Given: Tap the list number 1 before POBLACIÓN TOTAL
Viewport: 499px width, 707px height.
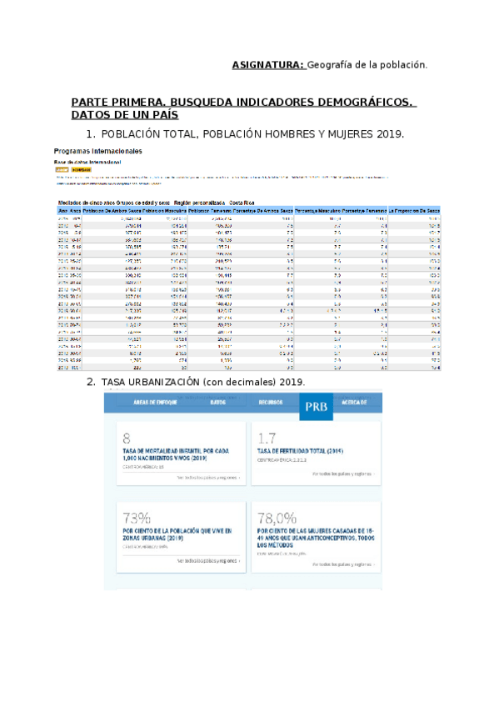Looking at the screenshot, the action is [90, 134].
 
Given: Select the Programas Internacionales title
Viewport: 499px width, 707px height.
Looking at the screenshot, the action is [97, 151].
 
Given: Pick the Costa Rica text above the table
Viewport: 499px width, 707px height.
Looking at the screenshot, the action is [242, 203].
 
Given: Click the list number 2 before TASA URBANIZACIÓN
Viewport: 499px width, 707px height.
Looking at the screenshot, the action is [90, 382].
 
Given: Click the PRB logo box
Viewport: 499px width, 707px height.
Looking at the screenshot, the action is [316, 406].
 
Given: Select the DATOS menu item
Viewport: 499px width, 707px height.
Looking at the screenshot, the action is [219, 402].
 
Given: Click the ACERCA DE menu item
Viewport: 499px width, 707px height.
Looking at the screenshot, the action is [353, 402].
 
